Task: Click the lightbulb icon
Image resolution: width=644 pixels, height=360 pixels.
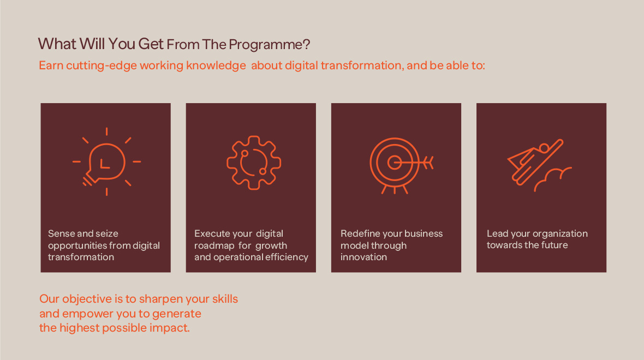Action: pyautogui.click(x=106, y=162)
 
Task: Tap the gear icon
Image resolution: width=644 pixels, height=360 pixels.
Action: pyautogui.click(x=254, y=163)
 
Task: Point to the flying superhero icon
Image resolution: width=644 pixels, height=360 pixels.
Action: pyautogui.click(x=535, y=162)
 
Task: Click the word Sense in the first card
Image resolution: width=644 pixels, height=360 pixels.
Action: pyautogui.click(x=59, y=233)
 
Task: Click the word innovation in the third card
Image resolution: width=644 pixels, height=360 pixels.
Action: pyautogui.click(x=363, y=257)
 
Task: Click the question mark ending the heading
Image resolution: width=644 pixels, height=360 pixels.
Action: pyautogui.click(x=306, y=44)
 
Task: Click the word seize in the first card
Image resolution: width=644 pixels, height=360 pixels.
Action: pyautogui.click(x=107, y=233)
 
